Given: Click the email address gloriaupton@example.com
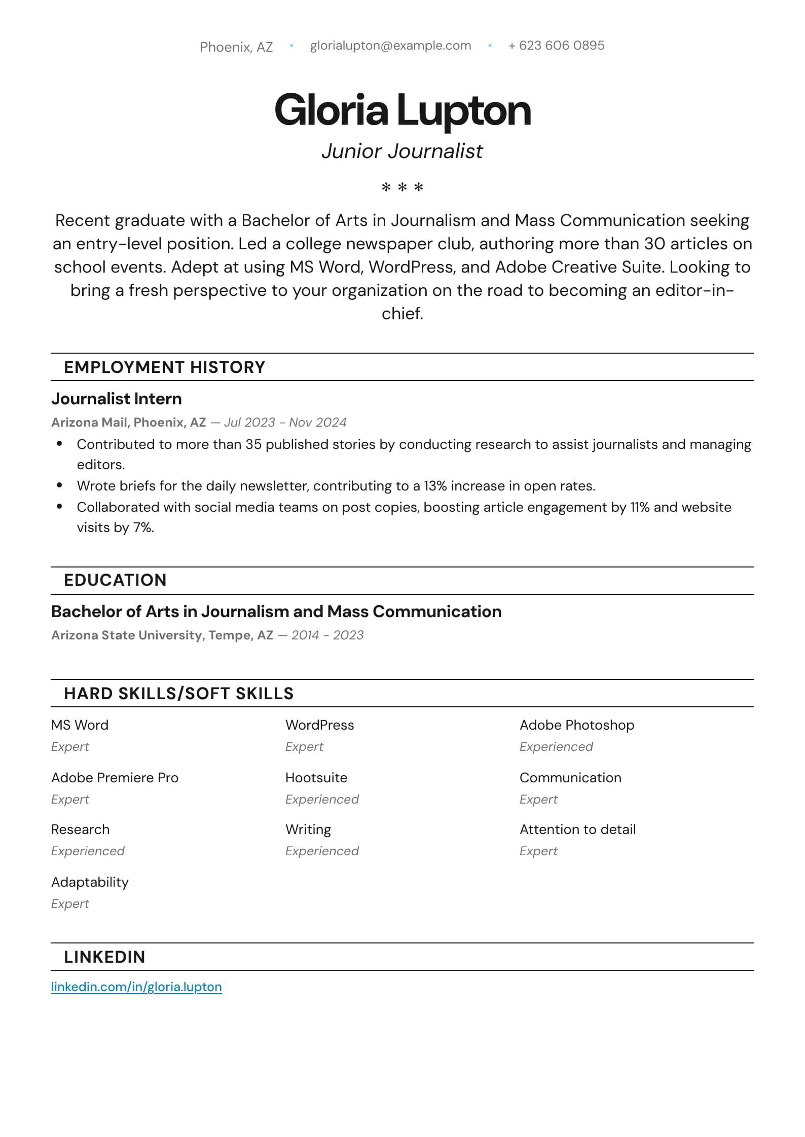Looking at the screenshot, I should pyautogui.click(x=390, y=46).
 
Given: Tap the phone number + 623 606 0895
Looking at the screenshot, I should pyautogui.click(x=556, y=46).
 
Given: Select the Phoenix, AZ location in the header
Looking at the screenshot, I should pyautogui.click(x=236, y=47).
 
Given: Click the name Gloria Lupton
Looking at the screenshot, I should pyautogui.click(x=402, y=110).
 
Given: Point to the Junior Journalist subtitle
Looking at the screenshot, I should pyautogui.click(x=402, y=151).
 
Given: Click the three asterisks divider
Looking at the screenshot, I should pyautogui.click(x=402, y=187).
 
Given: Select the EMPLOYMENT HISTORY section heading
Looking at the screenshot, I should pyautogui.click(x=164, y=367).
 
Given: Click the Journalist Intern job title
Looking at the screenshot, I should pyautogui.click(x=116, y=399).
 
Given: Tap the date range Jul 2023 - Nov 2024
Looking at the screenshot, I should pyautogui.click(x=285, y=422).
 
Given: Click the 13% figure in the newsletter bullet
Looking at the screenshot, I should pyautogui.click(x=435, y=486).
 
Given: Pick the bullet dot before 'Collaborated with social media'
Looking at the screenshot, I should pyautogui.click(x=60, y=506).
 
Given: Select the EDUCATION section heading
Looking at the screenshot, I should pyautogui.click(x=115, y=580).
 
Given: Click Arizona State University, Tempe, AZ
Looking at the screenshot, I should pyautogui.click(x=162, y=635).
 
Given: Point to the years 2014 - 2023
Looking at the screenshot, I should pyautogui.click(x=327, y=635).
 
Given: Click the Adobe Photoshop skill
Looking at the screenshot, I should pyautogui.click(x=576, y=725).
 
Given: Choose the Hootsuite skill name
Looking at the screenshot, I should pyautogui.click(x=316, y=778).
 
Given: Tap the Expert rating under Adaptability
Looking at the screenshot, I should pyautogui.click(x=70, y=903).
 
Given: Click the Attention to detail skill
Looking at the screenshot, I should pyautogui.click(x=577, y=829).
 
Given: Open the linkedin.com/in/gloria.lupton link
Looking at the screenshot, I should pyautogui.click(x=136, y=987).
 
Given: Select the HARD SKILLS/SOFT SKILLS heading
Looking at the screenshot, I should pyautogui.click(x=178, y=693).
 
